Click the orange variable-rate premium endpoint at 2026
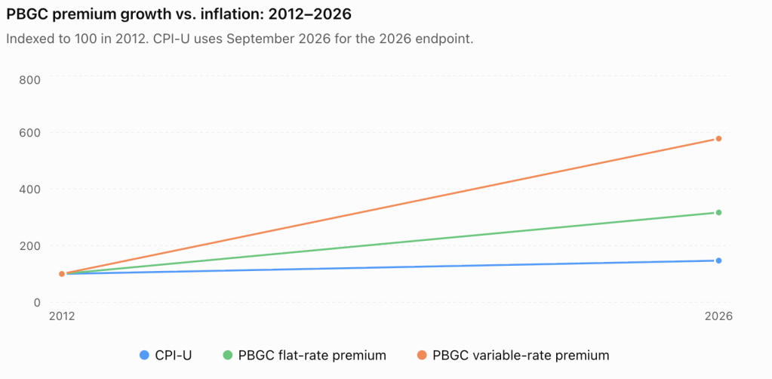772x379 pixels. point(718,139)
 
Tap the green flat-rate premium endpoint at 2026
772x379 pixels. point(718,212)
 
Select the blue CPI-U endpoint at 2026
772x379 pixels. point(718,260)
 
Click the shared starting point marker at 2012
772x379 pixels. point(62,273)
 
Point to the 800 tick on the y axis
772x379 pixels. point(29,79)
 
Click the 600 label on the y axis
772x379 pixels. point(29,133)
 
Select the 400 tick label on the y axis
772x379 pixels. point(29,189)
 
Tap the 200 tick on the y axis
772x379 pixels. point(29,245)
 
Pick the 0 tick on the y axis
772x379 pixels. point(35,302)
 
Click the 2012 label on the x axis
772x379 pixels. point(62,316)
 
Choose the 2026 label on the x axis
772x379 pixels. point(719,316)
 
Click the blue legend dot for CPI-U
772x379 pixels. point(144,355)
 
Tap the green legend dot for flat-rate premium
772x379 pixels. point(227,355)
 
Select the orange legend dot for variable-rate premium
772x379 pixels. point(422,355)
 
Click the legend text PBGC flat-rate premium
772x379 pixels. point(312,356)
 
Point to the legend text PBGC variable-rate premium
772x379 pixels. point(521,356)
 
